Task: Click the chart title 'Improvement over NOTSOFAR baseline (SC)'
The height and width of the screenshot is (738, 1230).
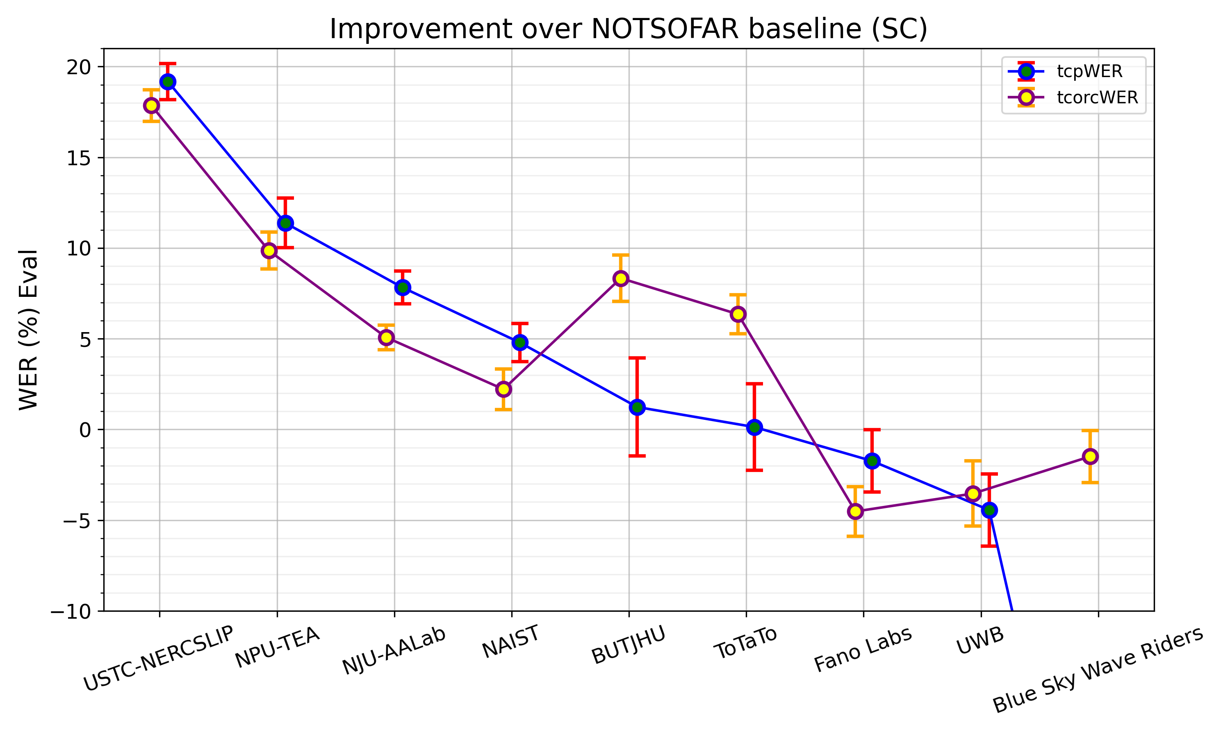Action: tap(629, 29)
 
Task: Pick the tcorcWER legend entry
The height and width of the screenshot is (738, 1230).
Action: tap(1097, 98)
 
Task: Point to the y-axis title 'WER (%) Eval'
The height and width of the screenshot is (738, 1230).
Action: tap(28, 330)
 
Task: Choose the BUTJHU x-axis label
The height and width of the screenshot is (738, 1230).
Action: tap(628, 645)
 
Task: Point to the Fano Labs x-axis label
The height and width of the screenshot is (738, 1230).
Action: tap(863, 649)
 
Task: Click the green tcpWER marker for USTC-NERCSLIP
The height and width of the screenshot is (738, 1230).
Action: tap(168, 82)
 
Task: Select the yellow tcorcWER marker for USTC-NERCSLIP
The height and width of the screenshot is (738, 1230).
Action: tap(152, 105)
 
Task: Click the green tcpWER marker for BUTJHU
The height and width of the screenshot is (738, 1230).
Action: tap(637, 407)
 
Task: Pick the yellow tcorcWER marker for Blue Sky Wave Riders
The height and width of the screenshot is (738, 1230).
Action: tap(1090, 456)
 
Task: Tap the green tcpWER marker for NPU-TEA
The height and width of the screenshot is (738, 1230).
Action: tap(285, 223)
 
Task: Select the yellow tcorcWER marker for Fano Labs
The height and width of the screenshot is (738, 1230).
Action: tap(855, 511)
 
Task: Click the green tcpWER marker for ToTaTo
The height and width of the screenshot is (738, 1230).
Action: tap(754, 427)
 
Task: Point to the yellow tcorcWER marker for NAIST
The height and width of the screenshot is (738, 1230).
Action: tap(503, 389)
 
